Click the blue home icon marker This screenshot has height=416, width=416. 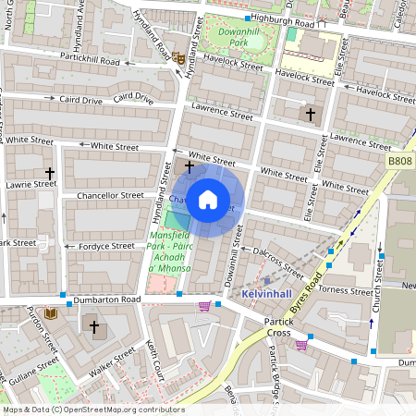click(208, 200)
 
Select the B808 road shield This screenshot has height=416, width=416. click(399, 160)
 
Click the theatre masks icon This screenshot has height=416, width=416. click(177, 57)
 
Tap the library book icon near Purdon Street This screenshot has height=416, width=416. click(50, 313)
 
